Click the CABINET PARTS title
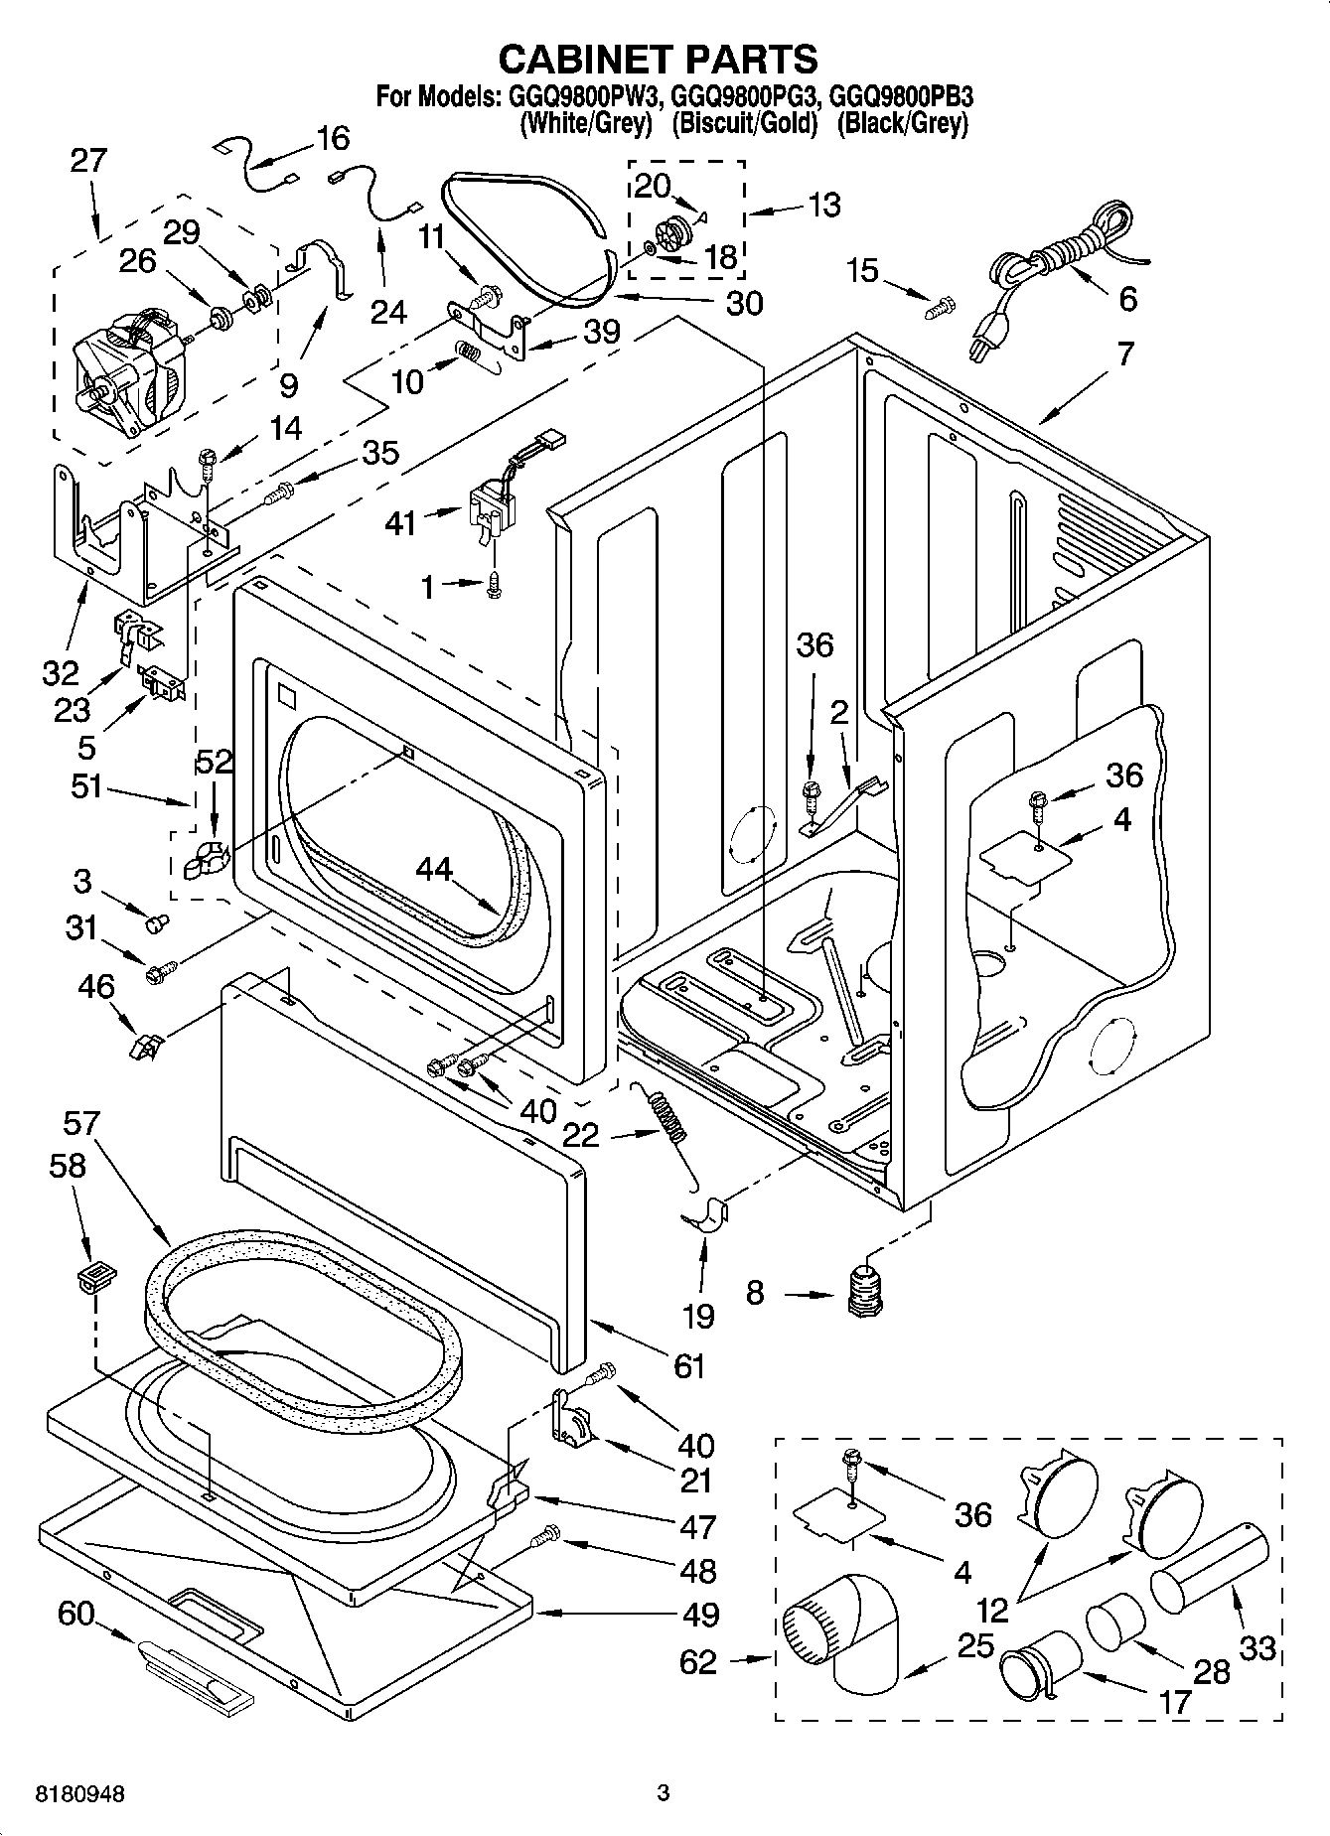point(658,60)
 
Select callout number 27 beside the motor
point(87,161)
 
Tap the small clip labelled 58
point(95,1276)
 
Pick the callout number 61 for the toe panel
point(688,1365)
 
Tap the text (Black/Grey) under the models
point(902,124)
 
